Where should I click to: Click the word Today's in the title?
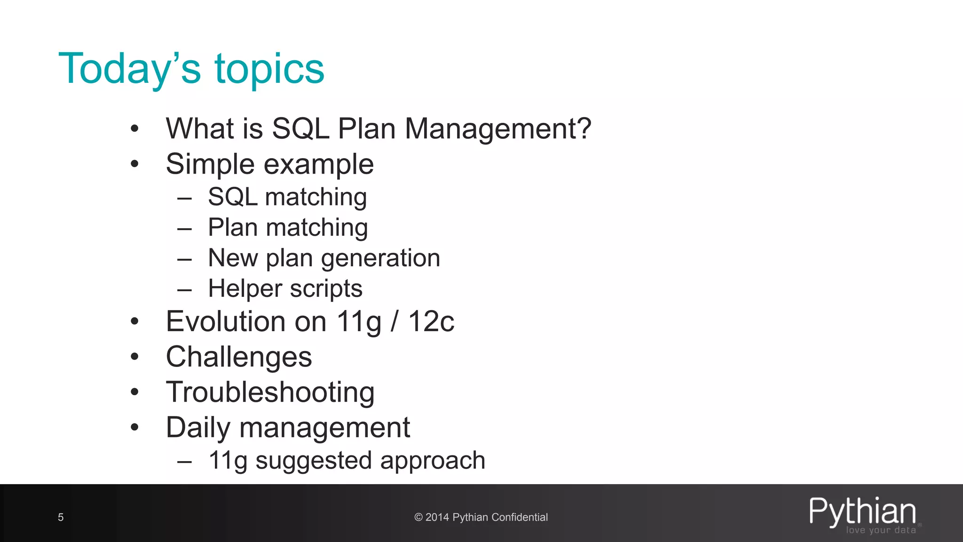coord(129,69)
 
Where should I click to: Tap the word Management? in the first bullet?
coord(497,128)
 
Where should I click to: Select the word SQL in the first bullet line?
coord(300,128)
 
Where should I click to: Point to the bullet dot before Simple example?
coord(135,164)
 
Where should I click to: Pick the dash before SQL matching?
coord(184,199)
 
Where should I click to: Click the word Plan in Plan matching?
coord(233,228)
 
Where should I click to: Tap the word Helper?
coord(245,288)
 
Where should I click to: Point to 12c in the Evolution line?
coord(431,322)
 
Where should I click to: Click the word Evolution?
coord(226,322)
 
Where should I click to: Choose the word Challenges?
coord(239,357)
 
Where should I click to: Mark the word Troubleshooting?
coord(270,392)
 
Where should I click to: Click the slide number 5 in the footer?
coord(61,518)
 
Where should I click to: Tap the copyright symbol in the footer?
coord(418,518)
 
